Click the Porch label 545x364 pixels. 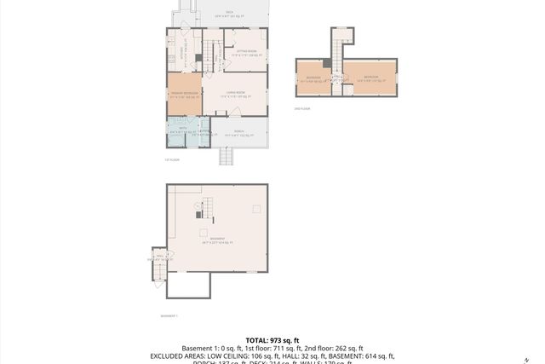238,132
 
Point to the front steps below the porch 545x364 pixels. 227,156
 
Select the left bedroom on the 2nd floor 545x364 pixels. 313,78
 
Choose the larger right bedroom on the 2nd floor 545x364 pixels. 370,78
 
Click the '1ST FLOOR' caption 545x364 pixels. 171,159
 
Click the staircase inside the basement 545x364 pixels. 205,206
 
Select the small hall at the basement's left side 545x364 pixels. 159,257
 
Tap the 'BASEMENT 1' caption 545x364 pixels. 169,315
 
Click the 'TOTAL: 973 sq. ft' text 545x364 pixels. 272,340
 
